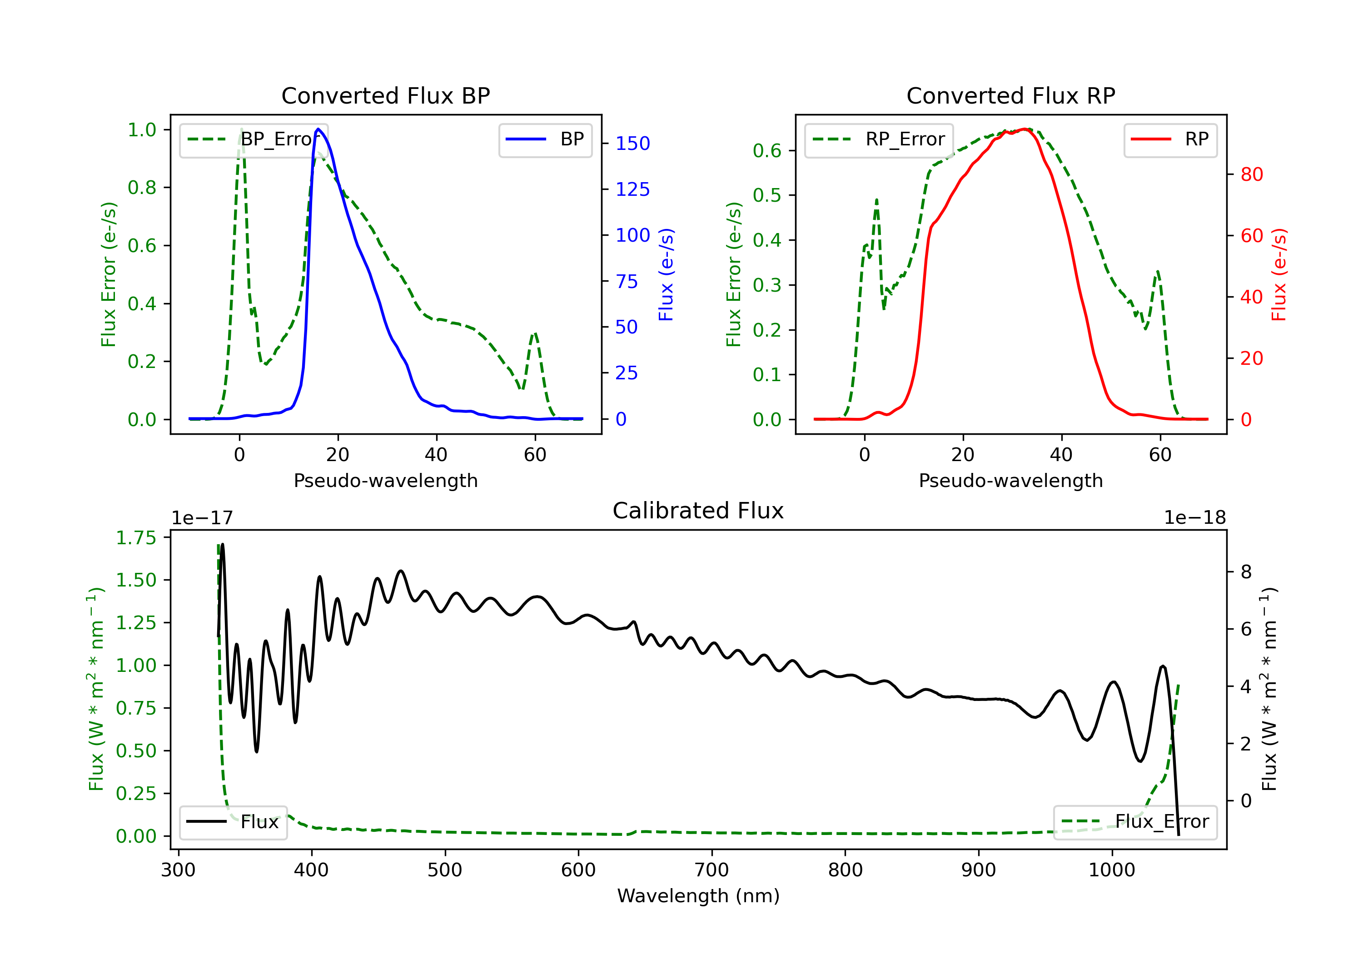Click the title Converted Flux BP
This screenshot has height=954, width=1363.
[385, 95]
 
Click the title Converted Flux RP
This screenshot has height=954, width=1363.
[1010, 95]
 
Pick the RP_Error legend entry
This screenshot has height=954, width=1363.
[879, 139]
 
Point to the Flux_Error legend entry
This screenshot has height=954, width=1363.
[1135, 822]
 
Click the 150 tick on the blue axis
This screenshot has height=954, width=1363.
[632, 144]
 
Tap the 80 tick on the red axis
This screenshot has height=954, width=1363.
[1251, 174]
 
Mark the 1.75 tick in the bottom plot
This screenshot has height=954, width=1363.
[136, 538]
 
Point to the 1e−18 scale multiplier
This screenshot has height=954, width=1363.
[1194, 518]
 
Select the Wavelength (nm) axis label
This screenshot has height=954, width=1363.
[698, 896]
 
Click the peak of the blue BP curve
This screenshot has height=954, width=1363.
[318, 129]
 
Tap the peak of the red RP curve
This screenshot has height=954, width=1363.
[1025, 129]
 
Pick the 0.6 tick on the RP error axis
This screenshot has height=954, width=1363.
[766, 151]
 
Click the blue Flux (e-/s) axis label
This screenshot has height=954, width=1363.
[666, 274]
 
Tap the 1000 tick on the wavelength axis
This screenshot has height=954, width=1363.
[1111, 870]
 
